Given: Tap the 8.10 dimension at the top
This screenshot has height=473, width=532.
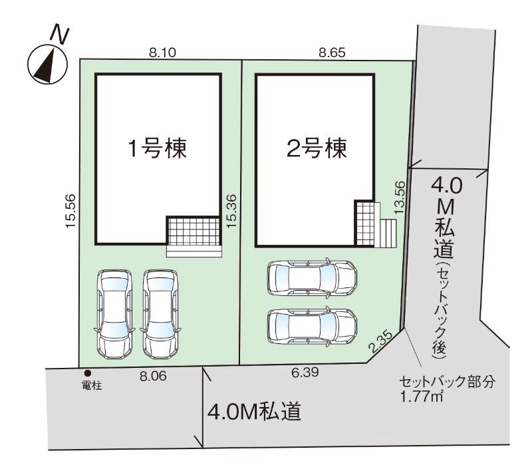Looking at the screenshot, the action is (x=162, y=53).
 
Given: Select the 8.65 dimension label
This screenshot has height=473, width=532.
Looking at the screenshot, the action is (x=332, y=53).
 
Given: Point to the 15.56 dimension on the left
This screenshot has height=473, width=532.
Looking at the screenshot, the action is (x=70, y=211).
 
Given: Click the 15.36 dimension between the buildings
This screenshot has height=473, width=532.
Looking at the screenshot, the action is (x=231, y=211).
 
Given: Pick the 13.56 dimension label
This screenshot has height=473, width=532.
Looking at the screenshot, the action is (x=400, y=197).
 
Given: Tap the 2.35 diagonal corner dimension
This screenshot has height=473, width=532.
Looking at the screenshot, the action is (x=380, y=341).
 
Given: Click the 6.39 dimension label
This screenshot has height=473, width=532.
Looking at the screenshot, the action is (x=305, y=373).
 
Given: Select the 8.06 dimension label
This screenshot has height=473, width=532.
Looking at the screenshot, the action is (x=153, y=376).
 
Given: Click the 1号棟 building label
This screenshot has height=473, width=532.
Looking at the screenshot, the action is (x=158, y=148).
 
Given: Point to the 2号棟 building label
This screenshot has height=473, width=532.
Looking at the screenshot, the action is (x=317, y=148).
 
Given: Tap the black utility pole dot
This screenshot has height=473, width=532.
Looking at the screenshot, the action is (x=88, y=373).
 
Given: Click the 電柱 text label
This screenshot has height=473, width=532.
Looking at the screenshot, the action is (x=92, y=386).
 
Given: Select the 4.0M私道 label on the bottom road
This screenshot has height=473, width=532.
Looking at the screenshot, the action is (x=254, y=412).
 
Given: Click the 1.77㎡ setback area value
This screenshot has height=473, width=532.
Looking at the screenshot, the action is (x=422, y=396).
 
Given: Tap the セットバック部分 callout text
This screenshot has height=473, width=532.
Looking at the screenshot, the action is (x=447, y=382).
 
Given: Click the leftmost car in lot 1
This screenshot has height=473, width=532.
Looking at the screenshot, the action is (x=114, y=314).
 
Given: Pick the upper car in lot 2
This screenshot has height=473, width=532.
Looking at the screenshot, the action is (x=312, y=278).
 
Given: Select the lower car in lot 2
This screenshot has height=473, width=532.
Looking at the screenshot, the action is (x=312, y=327).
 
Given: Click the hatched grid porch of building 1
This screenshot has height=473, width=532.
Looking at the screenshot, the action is (x=194, y=231).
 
